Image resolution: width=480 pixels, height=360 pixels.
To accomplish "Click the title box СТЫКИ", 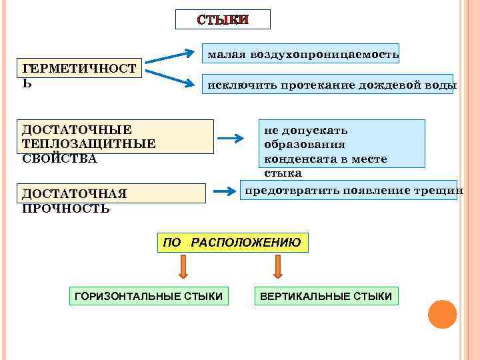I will (x=223, y=19).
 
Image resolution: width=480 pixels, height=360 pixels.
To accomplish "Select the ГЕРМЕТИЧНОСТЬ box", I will (x=82, y=68).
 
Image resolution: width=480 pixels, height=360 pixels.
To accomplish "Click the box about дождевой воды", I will (x=329, y=85).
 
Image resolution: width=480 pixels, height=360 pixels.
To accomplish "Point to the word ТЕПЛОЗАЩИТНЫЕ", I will (x=89, y=143).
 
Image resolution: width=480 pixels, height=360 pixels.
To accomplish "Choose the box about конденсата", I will (x=343, y=144).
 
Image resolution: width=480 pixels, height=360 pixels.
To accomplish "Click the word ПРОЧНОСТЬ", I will (x=66, y=208).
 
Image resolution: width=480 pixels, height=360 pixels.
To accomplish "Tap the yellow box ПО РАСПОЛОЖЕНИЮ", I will (x=233, y=243).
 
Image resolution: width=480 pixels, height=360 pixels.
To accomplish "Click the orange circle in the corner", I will (x=442, y=314).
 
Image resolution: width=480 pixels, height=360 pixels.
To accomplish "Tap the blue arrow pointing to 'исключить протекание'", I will (x=171, y=76).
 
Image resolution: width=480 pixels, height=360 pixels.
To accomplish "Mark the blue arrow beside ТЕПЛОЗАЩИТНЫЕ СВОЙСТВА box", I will (x=232, y=139).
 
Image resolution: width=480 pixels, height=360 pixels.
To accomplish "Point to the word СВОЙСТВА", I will (x=59, y=159).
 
